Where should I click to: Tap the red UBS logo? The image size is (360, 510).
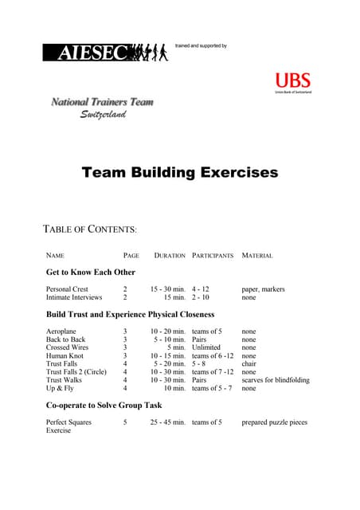pyautogui.click(x=292, y=81)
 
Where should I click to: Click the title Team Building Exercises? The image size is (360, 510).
pyautogui.click(x=180, y=172)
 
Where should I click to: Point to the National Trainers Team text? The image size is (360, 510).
pyautogui.click(x=103, y=102)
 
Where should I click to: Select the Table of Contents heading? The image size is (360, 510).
pyautogui.click(x=89, y=229)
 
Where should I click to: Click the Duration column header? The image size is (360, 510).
pyautogui.click(x=169, y=256)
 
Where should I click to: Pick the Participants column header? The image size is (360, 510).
pyautogui.click(x=213, y=256)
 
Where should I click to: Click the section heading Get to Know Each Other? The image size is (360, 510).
pyautogui.click(x=91, y=273)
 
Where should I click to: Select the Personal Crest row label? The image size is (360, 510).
pyautogui.click(x=67, y=289)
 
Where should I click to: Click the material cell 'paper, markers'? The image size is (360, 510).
pyautogui.click(x=263, y=289)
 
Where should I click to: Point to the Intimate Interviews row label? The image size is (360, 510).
pyautogui.click(x=74, y=297)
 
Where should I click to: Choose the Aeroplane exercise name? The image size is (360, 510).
pyautogui.click(x=61, y=331)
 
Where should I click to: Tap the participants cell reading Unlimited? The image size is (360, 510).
pyautogui.click(x=206, y=347)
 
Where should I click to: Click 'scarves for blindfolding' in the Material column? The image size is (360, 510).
pyautogui.click(x=276, y=380)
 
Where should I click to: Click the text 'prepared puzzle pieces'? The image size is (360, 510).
pyautogui.click(x=274, y=422)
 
